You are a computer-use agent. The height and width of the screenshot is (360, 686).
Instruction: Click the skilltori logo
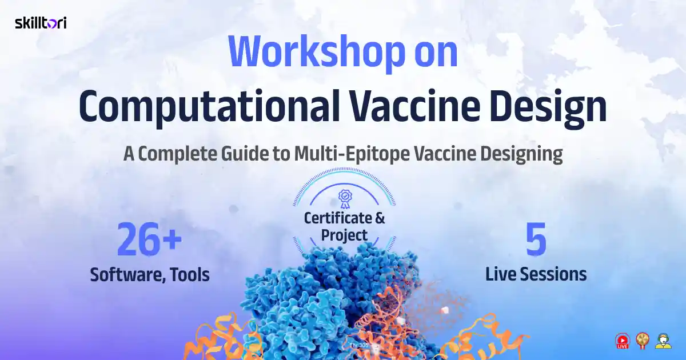pos(41,23)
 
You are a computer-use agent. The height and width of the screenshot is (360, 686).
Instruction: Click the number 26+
pos(149,241)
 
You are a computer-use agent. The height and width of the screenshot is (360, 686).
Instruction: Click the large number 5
pos(536,241)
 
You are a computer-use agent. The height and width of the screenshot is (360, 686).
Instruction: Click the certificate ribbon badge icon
pos(345,198)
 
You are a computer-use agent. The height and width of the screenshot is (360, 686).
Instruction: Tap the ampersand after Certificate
pos(380,218)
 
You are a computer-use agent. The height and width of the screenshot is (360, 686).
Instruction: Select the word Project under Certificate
pos(344,235)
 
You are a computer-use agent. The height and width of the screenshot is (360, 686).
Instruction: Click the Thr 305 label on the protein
pos(359,345)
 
